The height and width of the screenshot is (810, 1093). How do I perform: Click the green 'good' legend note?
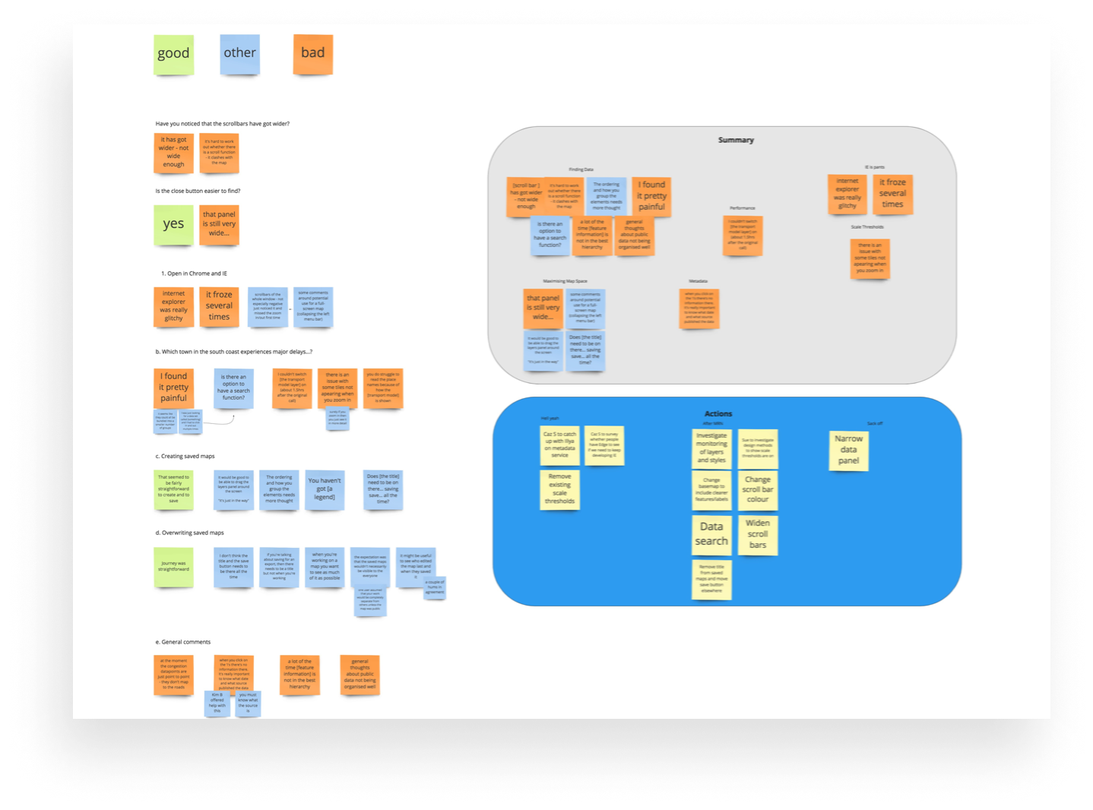coord(173,54)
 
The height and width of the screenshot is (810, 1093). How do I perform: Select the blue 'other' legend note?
coord(239,54)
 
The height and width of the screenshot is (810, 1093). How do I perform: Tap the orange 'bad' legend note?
coord(312,54)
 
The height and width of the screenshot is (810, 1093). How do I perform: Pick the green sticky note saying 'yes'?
coord(173,225)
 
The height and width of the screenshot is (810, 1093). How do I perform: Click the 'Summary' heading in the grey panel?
coord(736,140)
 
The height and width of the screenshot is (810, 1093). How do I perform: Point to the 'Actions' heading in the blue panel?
coord(718,414)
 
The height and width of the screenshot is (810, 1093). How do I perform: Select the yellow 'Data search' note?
coord(711,534)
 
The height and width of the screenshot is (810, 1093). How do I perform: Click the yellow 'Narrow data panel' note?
coord(848,450)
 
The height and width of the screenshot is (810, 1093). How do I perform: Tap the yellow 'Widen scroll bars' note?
coord(758,534)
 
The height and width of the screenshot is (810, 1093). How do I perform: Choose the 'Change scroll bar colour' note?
coord(758,490)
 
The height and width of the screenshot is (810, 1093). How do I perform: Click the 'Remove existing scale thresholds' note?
coord(559,489)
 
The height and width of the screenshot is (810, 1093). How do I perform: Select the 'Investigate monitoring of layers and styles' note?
coord(711,448)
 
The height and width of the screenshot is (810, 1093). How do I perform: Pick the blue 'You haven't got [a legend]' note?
coord(325,490)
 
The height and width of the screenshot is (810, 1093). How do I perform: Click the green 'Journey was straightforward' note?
coord(173,567)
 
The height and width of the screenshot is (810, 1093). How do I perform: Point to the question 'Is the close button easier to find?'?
coord(198,191)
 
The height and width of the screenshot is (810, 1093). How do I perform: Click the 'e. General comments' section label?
coord(183,642)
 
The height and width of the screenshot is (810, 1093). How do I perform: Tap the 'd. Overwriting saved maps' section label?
coord(190,533)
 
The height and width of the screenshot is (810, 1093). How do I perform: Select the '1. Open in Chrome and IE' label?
coord(194,274)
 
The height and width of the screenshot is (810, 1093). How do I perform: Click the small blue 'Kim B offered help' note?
coord(217,704)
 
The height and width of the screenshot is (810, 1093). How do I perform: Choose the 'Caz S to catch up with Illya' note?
coord(559,445)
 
